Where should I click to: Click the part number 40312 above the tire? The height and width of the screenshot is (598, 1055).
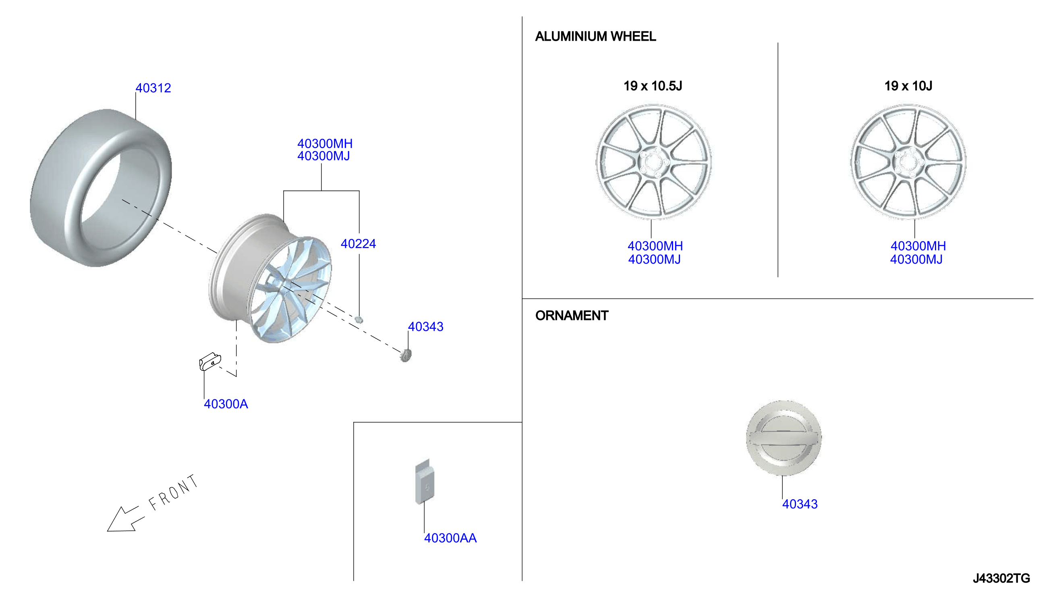(x=153, y=88)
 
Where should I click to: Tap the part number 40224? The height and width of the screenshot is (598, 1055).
(x=359, y=244)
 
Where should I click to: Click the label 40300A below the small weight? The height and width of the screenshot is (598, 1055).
(x=226, y=404)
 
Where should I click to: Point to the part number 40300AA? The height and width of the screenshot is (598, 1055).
(x=450, y=538)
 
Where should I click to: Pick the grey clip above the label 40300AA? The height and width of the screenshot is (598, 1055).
(x=425, y=482)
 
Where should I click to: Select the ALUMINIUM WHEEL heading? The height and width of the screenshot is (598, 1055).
(x=596, y=37)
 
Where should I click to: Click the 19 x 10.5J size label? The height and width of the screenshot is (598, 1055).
(x=653, y=86)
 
